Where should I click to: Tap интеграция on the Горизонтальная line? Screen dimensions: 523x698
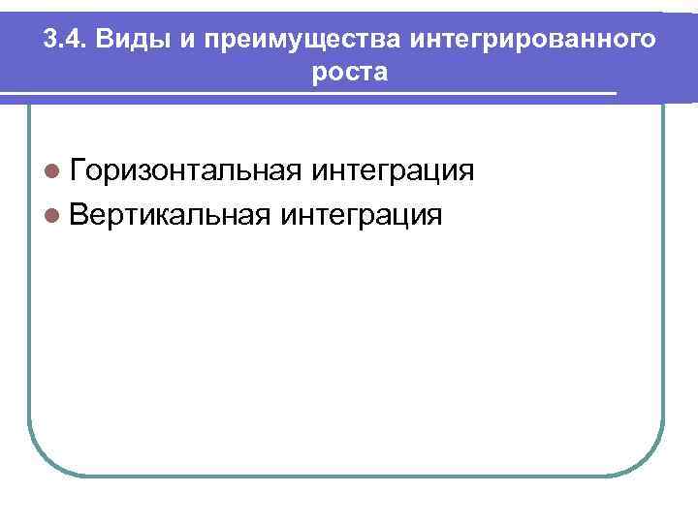(x=392, y=171)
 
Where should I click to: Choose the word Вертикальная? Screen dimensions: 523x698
(x=170, y=213)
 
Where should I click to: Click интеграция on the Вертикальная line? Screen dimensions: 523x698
(x=361, y=213)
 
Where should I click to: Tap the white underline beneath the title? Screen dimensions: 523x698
(x=310, y=93)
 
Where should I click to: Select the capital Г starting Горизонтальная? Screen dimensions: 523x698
(x=79, y=171)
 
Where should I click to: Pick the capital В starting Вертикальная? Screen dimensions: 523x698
(x=80, y=213)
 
